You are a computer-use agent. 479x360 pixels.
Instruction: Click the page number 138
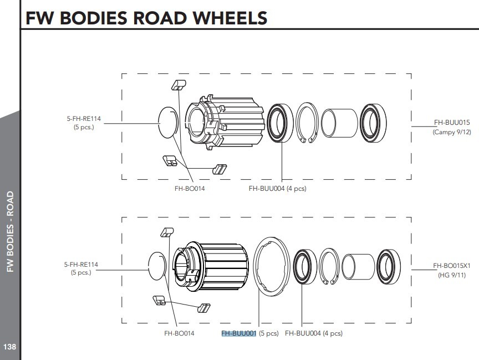(9, 347)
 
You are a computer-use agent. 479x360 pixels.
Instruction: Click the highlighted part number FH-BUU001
(238, 333)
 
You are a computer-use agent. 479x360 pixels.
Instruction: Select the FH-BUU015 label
(451, 123)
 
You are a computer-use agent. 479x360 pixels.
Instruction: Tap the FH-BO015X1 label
(451, 266)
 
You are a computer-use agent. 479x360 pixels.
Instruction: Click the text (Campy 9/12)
(451, 133)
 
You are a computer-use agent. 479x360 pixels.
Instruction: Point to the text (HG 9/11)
(451, 275)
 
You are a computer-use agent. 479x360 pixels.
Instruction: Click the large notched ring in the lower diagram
(271, 264)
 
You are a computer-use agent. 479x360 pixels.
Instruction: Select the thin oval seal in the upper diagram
(168, 123)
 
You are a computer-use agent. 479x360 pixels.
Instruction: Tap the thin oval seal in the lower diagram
(157, 266)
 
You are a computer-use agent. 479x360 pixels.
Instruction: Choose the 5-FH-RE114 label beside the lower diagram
(81, 265)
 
